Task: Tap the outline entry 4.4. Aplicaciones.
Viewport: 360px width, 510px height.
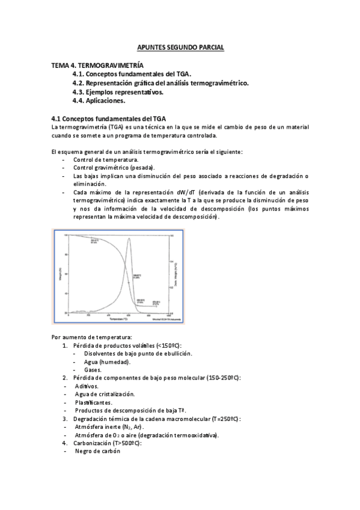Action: [x=99, y=101]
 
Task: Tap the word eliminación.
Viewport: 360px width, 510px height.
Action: [x=90, y=184]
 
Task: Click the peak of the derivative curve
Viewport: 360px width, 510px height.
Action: [x=129, y=239]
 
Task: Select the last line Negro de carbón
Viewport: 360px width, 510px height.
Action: [x=98, y=451]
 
